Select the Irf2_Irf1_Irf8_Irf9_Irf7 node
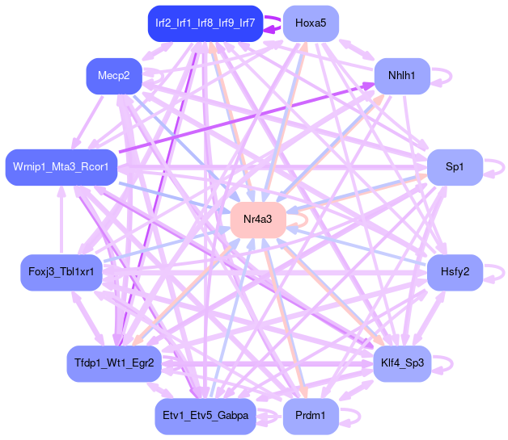coord(205,23)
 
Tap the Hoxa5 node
coord(311,23)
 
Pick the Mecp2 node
coord(114,76)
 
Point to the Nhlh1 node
coord(401,76)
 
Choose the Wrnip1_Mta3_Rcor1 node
coord(61,167)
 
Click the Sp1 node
coord(455,167)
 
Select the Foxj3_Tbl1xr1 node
coord(61,271)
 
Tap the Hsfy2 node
coord(455,271)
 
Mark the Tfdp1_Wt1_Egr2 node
coord(114,363)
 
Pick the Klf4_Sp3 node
coord(401,363)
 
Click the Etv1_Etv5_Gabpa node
coord(205,416)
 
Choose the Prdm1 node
coord(311,416)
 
